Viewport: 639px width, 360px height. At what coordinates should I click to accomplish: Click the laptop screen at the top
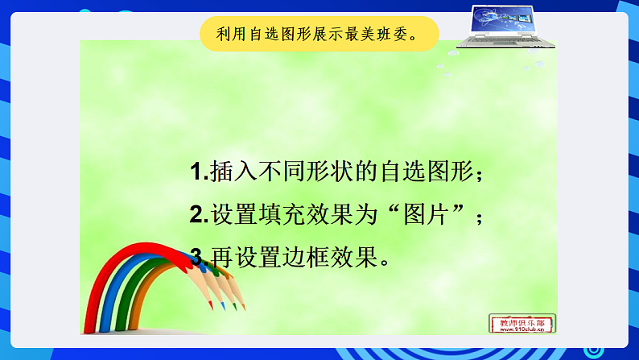504,20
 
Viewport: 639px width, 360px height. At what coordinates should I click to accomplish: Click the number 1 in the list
197,172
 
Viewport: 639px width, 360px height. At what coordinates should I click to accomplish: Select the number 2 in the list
198,215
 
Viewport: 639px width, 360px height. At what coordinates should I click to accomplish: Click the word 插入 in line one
232,172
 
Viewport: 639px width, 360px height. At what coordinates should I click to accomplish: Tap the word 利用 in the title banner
229,35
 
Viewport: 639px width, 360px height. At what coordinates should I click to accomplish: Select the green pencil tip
233,308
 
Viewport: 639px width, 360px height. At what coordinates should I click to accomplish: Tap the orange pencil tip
243,306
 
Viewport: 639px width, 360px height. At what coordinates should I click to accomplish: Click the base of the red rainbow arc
89,326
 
